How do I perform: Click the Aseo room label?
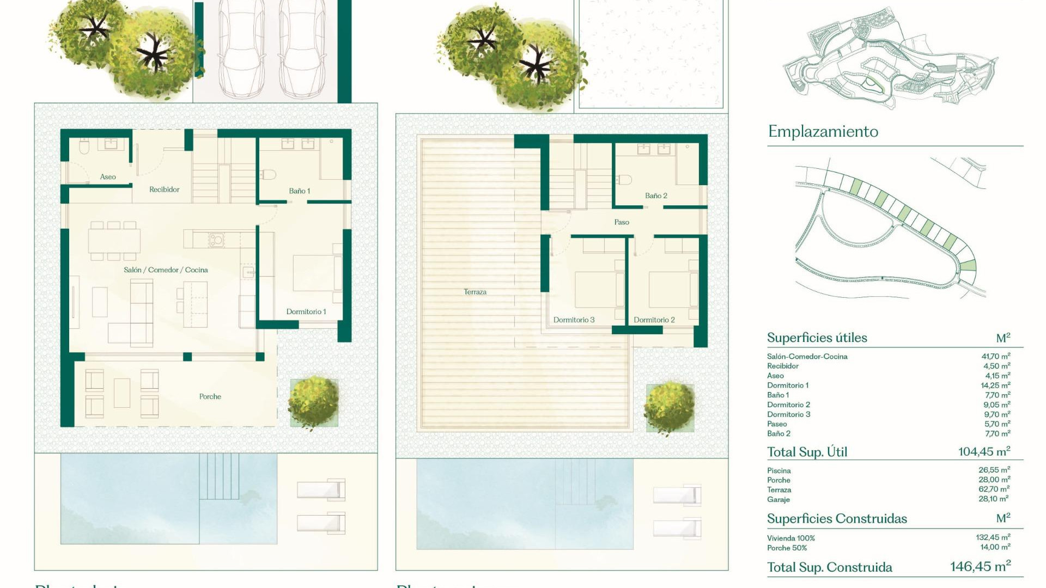[x=108, y=177]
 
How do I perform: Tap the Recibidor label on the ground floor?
[x=164, y=189]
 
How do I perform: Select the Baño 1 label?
[x=299, y=191]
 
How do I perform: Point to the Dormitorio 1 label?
[x=306, y=312]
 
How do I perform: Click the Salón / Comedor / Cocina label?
[x=166, y=270]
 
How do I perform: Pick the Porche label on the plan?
[x=210, y=397]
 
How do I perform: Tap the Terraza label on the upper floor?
[x=475, y=292]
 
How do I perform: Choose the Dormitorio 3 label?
[x=574, y=320]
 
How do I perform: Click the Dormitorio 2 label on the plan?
[x=654, y=320]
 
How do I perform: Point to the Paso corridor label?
[x=622, y=223]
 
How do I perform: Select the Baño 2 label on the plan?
[x=656, y=196]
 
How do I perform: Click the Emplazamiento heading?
[x=823, y=132]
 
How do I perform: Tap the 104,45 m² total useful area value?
[x=984, y=451]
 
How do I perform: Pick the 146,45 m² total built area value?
[x=980, y=567]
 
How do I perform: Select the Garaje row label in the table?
[x=778, y=500]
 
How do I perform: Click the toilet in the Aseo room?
[x=84, y=146]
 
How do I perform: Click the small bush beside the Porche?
[x=313, y=401]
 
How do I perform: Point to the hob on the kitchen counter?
[x=216, y=239]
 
